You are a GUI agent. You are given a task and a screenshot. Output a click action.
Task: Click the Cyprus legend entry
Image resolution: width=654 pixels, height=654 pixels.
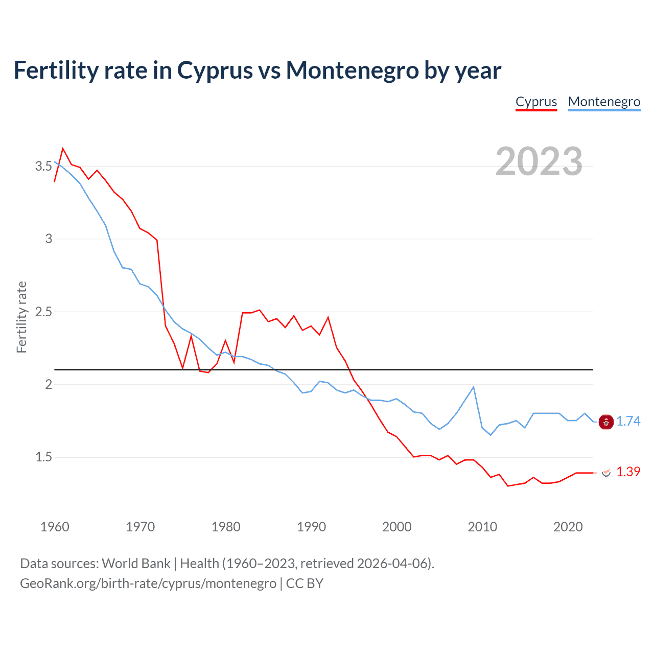(536, 102)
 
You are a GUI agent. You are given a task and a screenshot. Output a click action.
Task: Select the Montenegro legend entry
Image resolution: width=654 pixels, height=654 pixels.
(604, 102)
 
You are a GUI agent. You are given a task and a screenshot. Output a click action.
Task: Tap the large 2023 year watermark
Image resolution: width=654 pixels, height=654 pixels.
(539, 161)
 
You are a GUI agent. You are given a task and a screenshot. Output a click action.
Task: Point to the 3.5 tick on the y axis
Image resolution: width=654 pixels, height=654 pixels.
(44, 167)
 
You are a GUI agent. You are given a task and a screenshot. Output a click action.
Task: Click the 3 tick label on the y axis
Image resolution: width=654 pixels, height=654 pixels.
(49, 239)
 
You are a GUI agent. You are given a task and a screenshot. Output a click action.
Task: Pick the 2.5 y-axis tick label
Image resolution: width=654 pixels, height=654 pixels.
(44, 312)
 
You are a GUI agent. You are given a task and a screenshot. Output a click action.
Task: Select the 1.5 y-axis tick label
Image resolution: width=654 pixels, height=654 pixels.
(44, 457)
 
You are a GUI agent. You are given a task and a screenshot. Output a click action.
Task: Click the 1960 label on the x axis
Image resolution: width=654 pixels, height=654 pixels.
(55, 527)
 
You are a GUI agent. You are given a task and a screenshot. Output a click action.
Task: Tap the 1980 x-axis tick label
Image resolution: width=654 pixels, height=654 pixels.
(226, 527)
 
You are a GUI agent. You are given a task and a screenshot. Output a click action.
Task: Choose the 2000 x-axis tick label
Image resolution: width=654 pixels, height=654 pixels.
(397, 527)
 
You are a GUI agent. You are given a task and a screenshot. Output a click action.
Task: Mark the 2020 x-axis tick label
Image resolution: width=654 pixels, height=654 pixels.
(568, 527)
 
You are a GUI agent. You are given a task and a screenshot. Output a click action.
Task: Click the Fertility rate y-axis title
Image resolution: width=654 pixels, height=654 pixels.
(21, 317)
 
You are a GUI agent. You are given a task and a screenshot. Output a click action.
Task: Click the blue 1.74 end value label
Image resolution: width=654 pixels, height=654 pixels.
(628, 422)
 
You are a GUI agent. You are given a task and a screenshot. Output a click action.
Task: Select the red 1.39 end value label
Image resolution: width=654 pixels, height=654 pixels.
(628, 472)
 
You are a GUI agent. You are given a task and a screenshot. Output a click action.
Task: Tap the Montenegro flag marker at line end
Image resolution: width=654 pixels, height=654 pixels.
(606, 422)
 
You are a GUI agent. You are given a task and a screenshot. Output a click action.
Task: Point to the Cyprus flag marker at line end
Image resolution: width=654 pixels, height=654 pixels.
(606, 473)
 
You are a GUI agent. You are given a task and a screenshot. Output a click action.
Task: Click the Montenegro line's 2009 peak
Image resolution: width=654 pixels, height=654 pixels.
(474, 387)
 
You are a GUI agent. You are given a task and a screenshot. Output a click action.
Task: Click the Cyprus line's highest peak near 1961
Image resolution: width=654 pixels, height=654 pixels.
(63, 149)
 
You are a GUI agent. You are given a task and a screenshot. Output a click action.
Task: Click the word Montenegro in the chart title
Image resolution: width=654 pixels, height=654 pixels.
(352, 71)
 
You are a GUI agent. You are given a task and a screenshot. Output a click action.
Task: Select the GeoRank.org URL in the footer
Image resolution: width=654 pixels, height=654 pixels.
(148, 583)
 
